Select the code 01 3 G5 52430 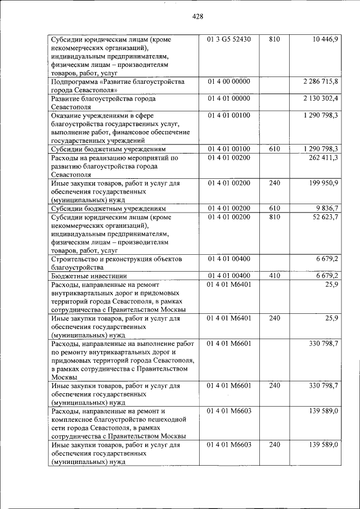point(229,39)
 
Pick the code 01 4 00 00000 point(229,82)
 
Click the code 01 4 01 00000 point(229,98)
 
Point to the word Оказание point(67,115)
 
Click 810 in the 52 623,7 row point(274,217)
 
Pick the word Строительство point(76,259)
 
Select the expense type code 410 point(274,276)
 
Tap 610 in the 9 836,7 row point(274,208)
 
